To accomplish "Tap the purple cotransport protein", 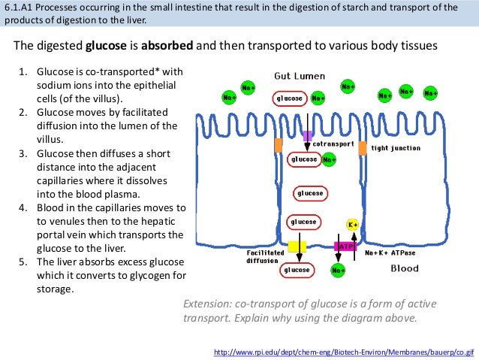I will pos(306,136).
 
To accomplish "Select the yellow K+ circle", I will pos(352,224).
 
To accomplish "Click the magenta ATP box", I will pos(345,246).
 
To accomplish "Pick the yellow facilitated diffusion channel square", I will pos(297,246).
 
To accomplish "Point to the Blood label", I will pos(405,268).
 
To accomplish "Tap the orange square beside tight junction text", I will pos(363,148).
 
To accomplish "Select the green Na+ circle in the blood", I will pos(339,270).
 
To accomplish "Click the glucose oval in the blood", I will pos(297,270).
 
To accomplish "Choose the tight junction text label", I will pos(396,148).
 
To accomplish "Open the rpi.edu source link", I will pos(345,351).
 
